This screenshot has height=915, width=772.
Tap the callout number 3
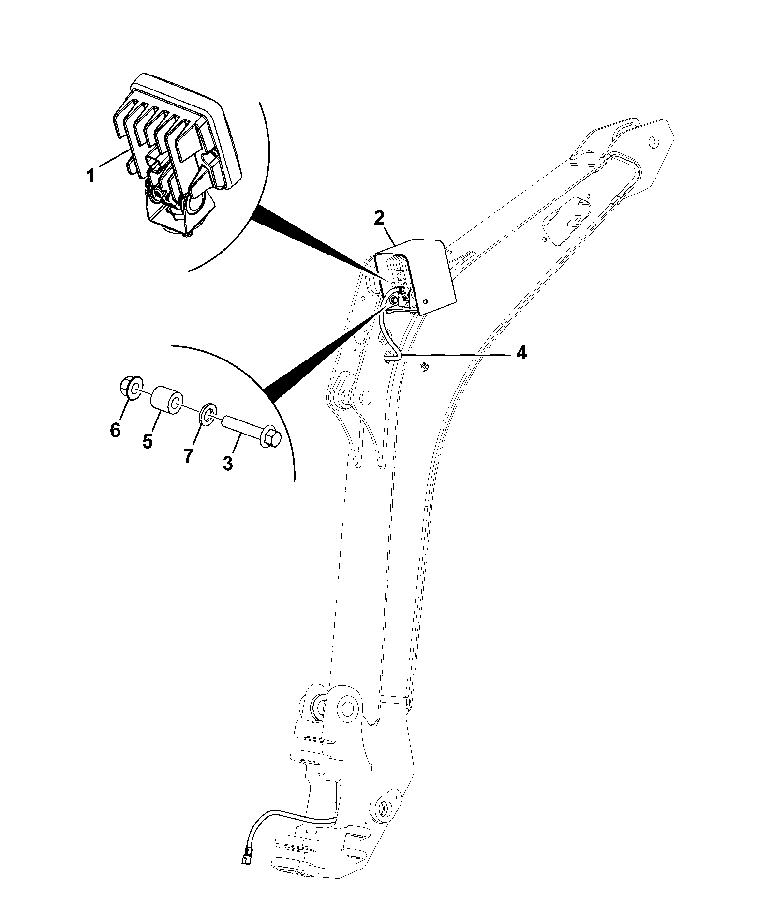tap(228, 463)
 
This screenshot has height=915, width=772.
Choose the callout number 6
tap(115, 429)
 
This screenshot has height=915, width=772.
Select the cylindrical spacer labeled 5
tap(167, 401)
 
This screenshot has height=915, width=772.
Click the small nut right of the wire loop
tap(424, 367)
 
